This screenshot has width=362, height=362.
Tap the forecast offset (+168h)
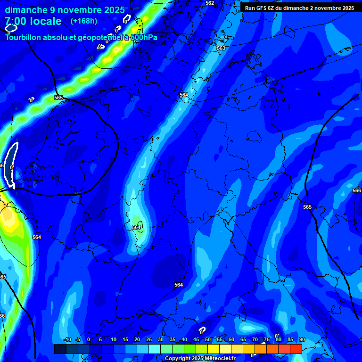[x=84, y=21]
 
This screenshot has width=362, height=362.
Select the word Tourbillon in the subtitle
[x=24, y=37]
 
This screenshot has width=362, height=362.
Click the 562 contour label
[x=210, y=3]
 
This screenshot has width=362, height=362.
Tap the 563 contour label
[x=221, y=48]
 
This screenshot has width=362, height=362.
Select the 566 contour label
[x=357, y=190]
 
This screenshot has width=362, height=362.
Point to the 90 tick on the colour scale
[x=302, y=340]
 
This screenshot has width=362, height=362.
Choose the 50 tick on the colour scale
[x=207, y=340]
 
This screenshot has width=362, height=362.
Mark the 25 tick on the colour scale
[x=148, y=340]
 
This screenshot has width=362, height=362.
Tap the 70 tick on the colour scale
[x=255, y=340]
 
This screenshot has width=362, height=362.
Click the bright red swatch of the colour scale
[x=296, y=349]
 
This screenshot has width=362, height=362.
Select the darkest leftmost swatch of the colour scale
[x=60, y=349]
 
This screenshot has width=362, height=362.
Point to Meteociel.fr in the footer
[x=220, y=359]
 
